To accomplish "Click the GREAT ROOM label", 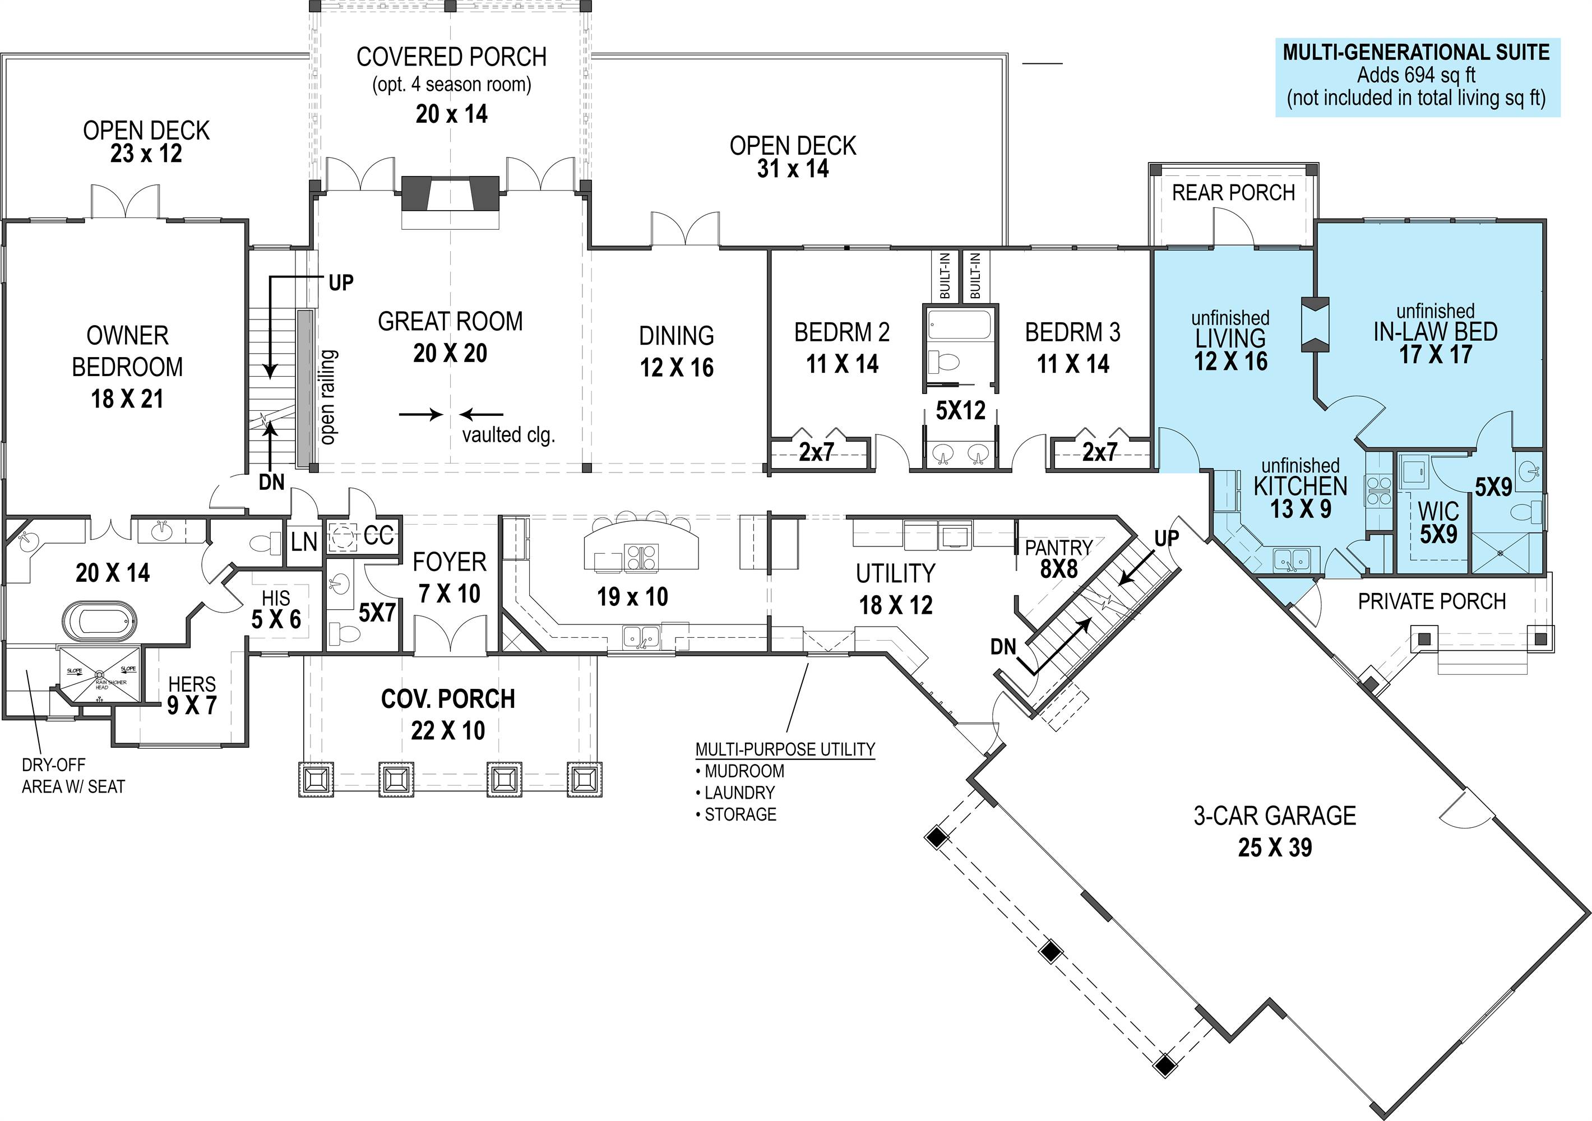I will (450, 322).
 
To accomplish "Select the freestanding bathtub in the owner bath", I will (100, 621).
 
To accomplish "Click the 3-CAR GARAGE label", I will (1274, 816).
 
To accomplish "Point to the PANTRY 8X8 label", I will (1058, 558).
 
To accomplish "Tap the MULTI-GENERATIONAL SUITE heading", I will (1416, 53).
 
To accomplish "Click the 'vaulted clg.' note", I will (508, 436).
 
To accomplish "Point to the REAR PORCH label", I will (1233, 193).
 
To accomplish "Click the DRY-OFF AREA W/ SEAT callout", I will (73, 776).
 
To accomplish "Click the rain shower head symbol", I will (99, 674).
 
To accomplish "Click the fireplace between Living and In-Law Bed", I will (1315, 325).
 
